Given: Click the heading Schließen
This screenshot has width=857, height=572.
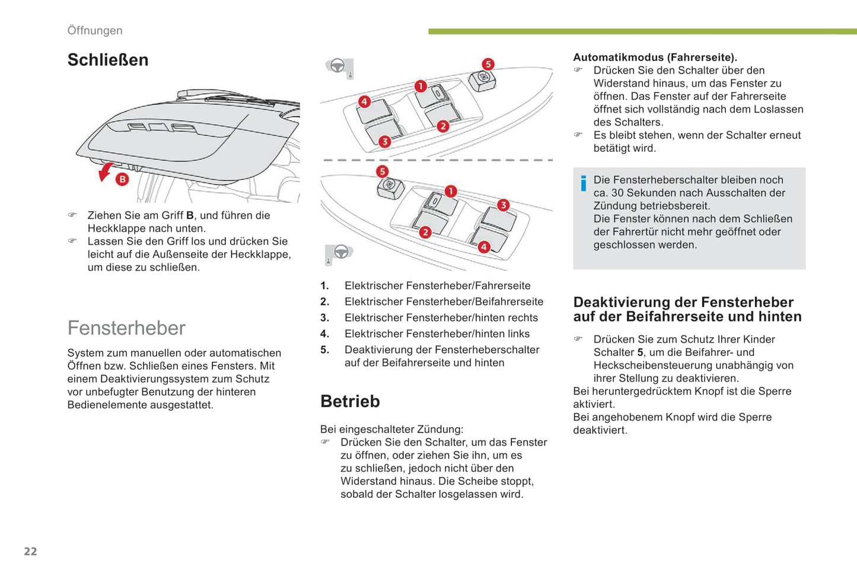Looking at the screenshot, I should point(108,60).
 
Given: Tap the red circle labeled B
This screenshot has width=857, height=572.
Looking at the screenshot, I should point(122,179).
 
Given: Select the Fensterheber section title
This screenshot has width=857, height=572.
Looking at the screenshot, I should point(126,328).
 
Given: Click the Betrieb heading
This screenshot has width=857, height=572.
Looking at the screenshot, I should point(350,401).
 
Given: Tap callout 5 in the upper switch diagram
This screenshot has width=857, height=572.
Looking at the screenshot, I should point(488,64).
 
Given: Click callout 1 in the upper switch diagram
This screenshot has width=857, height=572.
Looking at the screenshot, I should point(420,86).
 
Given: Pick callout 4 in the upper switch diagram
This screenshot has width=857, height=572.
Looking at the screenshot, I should point(364,101).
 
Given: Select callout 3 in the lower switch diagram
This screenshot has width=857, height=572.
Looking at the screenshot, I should point(503,205).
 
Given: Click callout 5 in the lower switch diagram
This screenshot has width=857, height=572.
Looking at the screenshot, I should point(382,171).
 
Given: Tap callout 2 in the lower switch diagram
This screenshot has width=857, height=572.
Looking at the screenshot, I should point(425,232).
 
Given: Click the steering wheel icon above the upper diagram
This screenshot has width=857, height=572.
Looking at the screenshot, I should point(339,66).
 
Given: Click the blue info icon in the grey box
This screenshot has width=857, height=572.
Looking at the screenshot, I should point(584,183).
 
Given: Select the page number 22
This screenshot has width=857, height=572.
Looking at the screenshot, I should point(30,551).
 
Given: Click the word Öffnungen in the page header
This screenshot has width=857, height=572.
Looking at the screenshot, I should point(95,31).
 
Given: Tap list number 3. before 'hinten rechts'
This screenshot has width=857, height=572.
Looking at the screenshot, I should point(324,318).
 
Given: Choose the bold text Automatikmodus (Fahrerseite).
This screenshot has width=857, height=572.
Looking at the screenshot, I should point(655,58).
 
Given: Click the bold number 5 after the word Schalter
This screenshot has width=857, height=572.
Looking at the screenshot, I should point(640,352).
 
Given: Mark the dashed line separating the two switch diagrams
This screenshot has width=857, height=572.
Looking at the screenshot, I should point(437,160).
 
